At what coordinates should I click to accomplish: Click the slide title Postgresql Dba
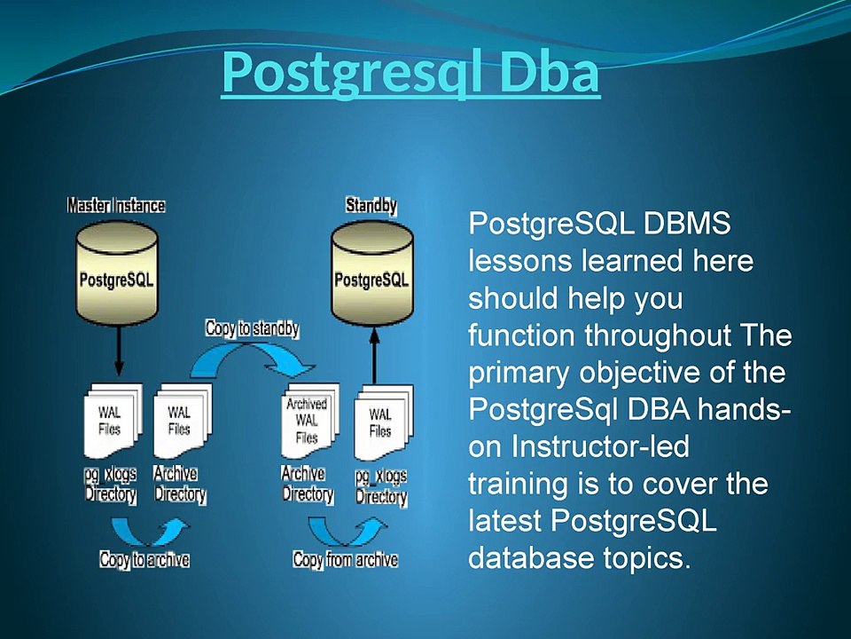click(410, 72)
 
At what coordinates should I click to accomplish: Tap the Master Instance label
click(116, 205)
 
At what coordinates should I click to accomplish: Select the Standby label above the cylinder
click(371, 205)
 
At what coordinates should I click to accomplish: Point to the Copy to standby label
click(253, 328)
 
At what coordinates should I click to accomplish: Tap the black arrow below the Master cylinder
click(120, 350)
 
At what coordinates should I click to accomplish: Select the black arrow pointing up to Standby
click(374, 355)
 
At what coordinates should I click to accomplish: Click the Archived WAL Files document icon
click(310, 421)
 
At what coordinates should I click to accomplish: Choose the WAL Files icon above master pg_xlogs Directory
click(113, 421)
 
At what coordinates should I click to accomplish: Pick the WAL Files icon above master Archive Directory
click(183, 421)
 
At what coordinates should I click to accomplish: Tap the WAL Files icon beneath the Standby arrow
click(383, 422)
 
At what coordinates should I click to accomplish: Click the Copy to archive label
click(144, 559)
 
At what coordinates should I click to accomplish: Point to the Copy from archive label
click(345, 559)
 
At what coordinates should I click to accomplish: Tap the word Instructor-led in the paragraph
click(600, 446)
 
